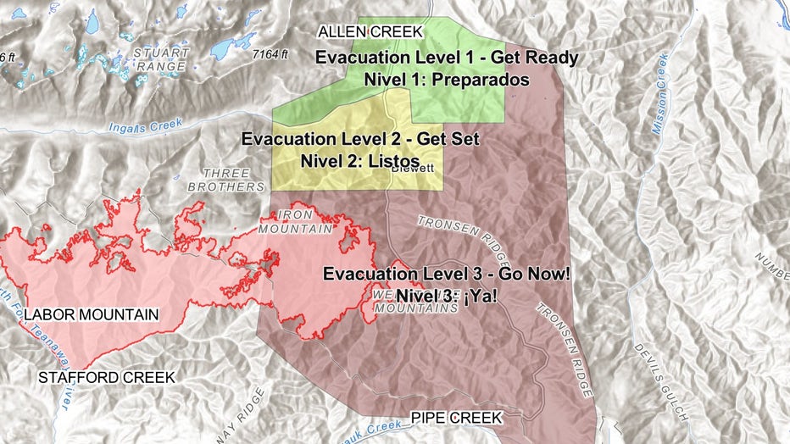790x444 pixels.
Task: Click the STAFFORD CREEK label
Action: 107,377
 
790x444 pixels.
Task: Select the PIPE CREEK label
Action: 456,418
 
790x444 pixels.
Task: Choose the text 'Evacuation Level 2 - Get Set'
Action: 360,139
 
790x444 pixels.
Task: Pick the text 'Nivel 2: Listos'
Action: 360,159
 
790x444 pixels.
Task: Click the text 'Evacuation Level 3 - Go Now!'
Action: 447,275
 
